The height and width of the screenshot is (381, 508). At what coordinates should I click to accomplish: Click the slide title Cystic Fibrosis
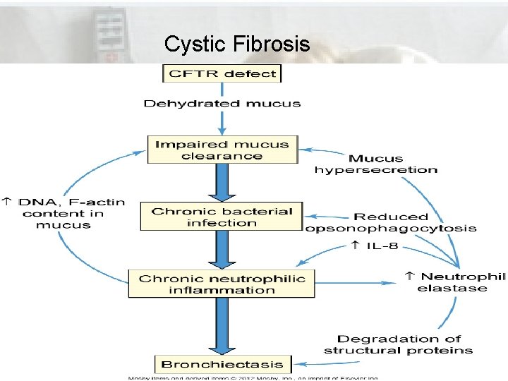tap(236, 44)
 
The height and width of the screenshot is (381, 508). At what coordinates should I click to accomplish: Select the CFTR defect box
tap(222, 73)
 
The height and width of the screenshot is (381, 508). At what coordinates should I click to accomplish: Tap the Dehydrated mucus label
tap(222, 103)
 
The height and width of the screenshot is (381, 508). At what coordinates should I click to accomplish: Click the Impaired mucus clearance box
tap(222, 150)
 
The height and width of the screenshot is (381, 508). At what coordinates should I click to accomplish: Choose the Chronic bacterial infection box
tap(222, 217)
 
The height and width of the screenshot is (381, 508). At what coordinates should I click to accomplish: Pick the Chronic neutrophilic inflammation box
tap(222, 284)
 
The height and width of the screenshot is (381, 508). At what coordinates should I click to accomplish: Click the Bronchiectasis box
tap(222, 364)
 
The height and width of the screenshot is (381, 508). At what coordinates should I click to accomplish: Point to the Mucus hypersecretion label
tap(375, 164)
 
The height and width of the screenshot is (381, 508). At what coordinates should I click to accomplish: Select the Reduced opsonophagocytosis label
tap(391, 222)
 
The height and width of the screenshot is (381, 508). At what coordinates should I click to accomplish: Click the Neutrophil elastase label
tap(456, 282)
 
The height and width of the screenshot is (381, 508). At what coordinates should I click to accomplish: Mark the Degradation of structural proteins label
tap(398, 345)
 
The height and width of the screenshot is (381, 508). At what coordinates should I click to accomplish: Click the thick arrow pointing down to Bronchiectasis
tap(222, 325)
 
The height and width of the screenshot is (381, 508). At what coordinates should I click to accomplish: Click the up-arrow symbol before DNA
tap(7, 202)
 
